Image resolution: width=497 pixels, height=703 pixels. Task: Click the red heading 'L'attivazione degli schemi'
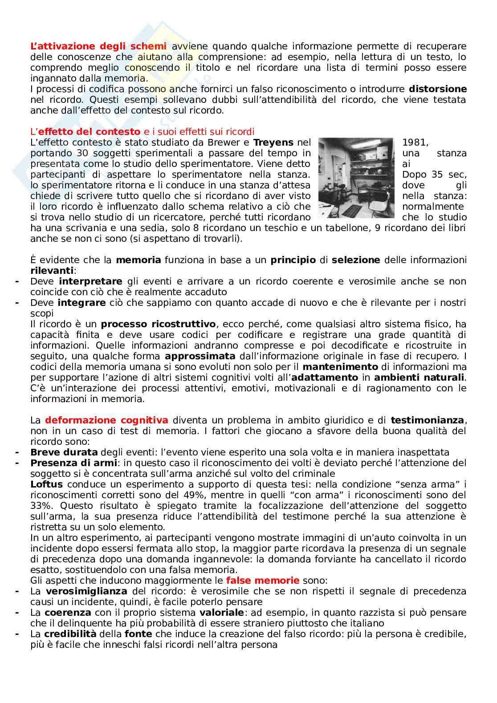tap(98, 46)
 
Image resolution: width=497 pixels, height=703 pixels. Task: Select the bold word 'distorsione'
tap(438, 89)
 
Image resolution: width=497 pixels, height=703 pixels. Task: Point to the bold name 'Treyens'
tap(273, 142)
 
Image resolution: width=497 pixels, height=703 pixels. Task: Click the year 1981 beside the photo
tap(415, 142)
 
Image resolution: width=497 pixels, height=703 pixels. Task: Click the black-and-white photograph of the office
tap(356, 178)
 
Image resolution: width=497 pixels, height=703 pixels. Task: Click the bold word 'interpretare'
tap(90, 281)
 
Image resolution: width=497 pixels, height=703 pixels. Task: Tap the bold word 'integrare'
tap(82, 303)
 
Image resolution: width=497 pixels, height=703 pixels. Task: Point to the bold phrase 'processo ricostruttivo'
tap(159, 324)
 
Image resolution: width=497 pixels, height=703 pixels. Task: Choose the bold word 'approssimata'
tap(200, 356)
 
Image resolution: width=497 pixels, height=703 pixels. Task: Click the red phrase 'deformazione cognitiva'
tap(107, 420)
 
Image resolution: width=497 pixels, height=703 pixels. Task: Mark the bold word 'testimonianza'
tap(427, 420)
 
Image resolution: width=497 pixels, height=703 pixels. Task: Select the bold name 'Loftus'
tap(46, 484)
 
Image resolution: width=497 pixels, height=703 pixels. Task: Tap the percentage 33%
tap(39, 506)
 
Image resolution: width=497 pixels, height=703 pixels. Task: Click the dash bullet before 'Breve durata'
tap(16, 452)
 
